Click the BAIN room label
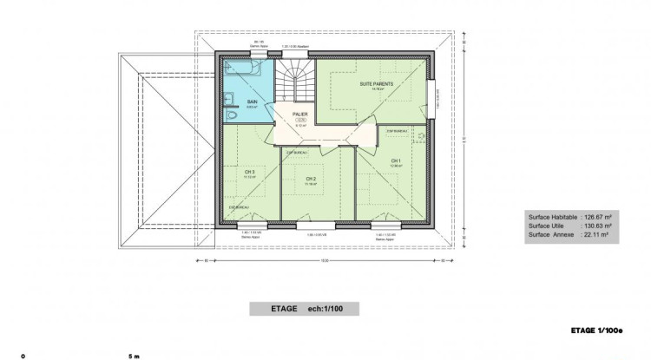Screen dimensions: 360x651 [x=252, y=101]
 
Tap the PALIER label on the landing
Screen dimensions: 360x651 [x=299, y=114]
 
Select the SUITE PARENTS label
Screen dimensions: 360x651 [x=376, y=83]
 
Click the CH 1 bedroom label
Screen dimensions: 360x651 [x=395, y=160]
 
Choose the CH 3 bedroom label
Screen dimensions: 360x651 [x=249, y=172]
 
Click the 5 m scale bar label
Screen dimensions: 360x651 [x=133, y=356]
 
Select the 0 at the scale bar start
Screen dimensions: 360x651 [x=23, y=356]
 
